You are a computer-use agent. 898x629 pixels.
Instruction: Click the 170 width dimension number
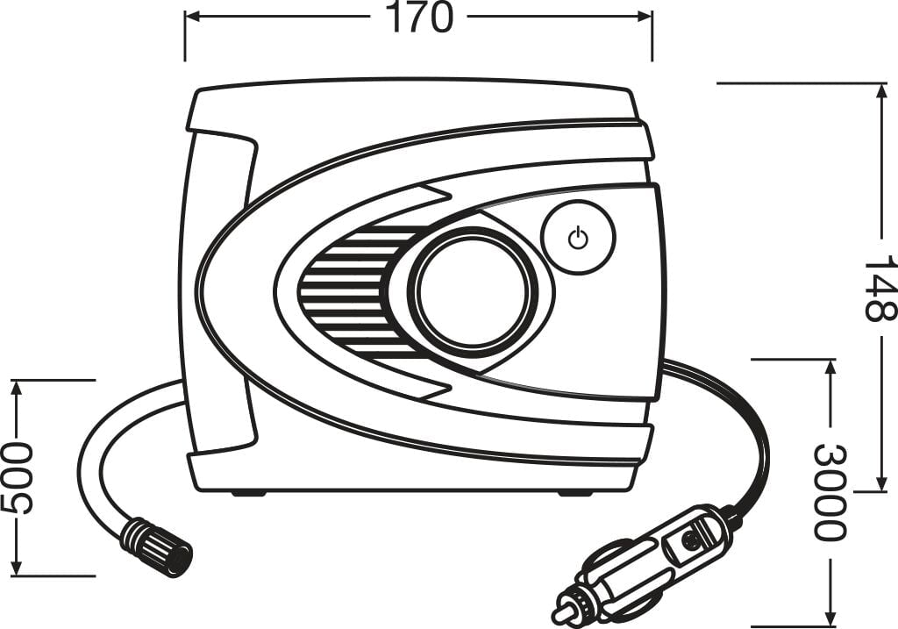(418, 18)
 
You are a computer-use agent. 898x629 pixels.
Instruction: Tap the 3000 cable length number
(830, 492)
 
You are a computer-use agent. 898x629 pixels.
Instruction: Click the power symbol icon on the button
(578, 238)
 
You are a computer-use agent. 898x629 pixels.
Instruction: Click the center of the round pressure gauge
(473, 291)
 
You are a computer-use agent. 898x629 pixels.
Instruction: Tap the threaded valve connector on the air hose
(155, 547)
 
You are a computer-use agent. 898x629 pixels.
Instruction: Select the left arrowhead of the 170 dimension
(191, 18)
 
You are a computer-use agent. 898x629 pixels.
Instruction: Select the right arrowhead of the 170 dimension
(645, 18)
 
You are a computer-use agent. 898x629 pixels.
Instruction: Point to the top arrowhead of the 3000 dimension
(830, 367)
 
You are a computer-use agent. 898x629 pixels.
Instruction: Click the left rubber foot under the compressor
(248, 493)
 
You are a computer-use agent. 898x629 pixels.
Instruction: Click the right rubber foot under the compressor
(576, 493)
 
